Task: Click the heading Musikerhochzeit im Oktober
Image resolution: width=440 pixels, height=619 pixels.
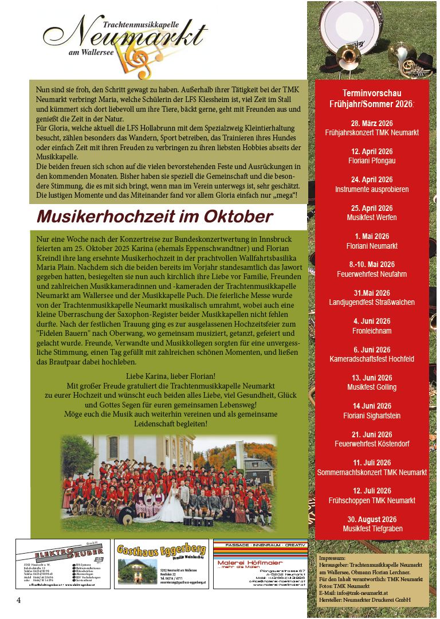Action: pos(155,217)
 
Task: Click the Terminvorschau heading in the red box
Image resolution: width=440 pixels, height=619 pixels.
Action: pos(372,99)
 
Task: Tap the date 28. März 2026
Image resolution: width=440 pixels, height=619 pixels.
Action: pos(372,123)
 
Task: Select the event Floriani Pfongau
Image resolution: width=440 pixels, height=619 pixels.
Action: pos(372,161)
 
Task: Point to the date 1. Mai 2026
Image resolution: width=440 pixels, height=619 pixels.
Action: pos(372,236)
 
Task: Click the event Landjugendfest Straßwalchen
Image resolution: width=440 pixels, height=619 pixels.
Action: pos(372,302)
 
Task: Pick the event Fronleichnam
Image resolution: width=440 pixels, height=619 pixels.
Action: pos(372,331)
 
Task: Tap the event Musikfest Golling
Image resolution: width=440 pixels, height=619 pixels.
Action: pos(372,387)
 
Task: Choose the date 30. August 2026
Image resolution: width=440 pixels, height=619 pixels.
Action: pos(372,519)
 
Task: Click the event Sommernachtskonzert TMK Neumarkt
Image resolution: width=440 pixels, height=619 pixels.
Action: pos(372,472)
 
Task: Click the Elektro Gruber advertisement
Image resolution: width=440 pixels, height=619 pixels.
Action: pos(63,564)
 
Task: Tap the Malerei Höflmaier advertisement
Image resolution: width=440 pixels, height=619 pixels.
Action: pos(260,564)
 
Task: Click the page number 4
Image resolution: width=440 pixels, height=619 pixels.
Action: pos(18,600)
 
